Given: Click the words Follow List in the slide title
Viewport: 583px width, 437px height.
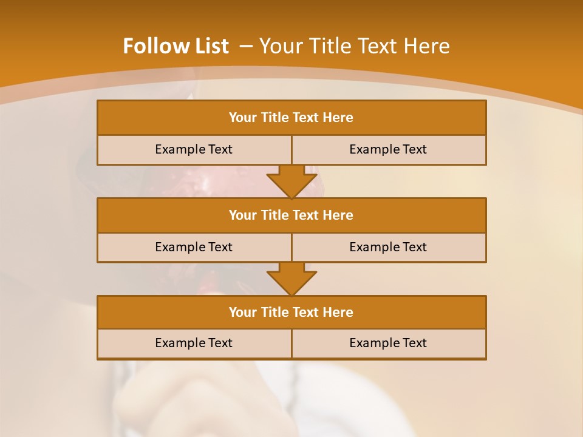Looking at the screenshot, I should [176, 46].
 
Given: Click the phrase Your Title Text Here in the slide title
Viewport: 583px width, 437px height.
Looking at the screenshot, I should [355, 46].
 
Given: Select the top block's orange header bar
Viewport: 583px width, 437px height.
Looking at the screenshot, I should [291, 118].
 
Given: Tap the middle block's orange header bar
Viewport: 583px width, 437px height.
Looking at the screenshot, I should [291, 215].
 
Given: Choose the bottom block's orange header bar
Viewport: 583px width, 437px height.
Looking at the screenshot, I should [291, 312].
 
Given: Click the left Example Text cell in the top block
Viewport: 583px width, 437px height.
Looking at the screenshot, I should [194, 149].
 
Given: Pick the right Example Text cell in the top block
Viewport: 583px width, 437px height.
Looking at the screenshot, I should [389, 149].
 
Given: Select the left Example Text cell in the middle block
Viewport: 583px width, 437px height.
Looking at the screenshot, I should [194, 247].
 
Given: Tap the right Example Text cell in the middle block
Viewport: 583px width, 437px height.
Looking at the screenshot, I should [389, 247].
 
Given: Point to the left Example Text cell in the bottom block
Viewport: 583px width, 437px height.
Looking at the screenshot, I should [194, 343].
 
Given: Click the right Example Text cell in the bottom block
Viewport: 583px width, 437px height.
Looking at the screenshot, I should [389, 343].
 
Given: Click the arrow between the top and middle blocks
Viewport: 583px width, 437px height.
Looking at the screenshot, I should [291, 181].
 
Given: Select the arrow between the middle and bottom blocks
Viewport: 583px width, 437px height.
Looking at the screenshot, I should [291, 279].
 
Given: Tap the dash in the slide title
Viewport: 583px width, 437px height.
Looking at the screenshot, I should [246, 46].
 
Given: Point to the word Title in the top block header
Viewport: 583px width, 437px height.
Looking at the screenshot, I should [274, 118].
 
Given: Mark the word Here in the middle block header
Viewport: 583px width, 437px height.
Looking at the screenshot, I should [338, 215].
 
